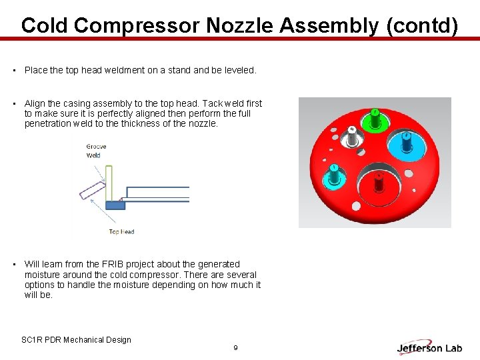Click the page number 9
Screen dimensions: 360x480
click(x=235, y=348)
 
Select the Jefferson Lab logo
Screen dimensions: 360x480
click(x=430, y=347)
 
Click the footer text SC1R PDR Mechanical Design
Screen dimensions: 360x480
click(x=76, y=340)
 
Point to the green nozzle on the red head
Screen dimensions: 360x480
click(x=375, y=119)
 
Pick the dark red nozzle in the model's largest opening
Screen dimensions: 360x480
click(x=378, y=183)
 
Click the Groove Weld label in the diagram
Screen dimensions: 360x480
click(x=96, y=151)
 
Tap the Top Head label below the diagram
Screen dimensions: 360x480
click(x=121, y=232)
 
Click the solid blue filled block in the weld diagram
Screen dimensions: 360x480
click(x=115, y=205)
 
